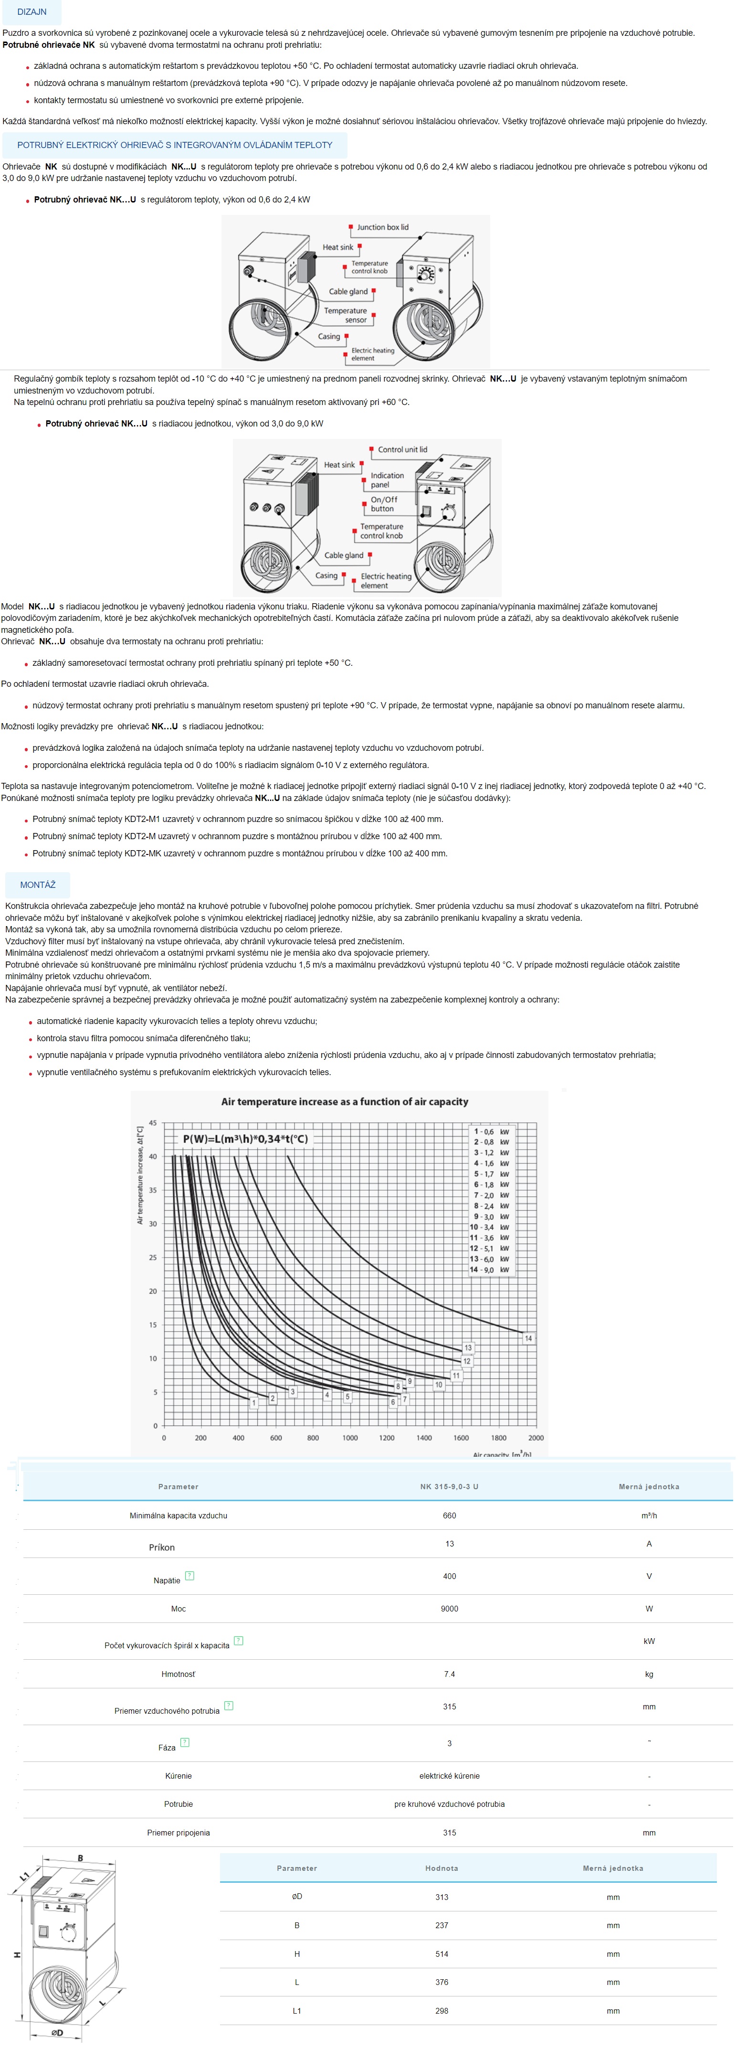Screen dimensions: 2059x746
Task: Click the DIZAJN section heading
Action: coord(32,12)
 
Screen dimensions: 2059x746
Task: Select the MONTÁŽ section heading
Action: coord(38,885)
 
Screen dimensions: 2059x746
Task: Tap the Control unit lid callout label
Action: coord(402,450)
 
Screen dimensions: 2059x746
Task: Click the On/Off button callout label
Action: coord(383,503)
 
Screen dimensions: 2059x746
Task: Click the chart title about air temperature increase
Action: coord(344,1101)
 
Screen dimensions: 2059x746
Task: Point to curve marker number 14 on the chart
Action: coord(528,1338)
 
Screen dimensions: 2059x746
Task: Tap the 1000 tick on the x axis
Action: coord(350,1438)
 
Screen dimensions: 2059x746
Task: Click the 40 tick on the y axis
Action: coord(153,1157)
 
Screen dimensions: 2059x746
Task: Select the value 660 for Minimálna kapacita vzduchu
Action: coord(450,1515)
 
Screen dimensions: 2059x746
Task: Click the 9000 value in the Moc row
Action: coord(450,1609)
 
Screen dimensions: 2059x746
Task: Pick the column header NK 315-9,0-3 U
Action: coord(450,1487)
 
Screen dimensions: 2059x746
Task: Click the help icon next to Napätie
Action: coord(189,1576)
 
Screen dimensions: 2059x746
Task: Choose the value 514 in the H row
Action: coord(441,1954)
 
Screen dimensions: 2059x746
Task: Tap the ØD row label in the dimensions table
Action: coord(297,1897)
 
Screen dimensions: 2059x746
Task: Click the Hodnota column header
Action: coord(441,1869)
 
